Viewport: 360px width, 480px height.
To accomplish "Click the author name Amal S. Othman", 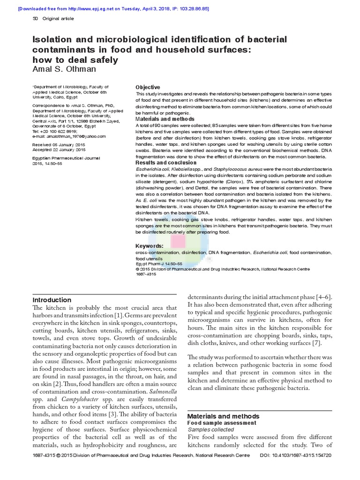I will point(65,69).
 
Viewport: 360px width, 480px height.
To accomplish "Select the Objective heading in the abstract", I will point(148,88).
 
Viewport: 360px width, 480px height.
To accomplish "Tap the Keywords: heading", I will point(150,246).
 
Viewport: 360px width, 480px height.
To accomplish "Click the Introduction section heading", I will point(52,300).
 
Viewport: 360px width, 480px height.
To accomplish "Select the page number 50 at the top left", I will point(35,19).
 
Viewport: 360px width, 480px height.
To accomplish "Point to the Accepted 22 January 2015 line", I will point(59,150).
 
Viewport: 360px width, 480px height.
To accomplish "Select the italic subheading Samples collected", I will point(210,429).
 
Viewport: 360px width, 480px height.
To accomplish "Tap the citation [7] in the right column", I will point(317,343).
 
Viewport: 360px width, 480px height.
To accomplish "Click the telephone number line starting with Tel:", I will point(54,131).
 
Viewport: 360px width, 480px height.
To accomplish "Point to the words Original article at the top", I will point(58,19).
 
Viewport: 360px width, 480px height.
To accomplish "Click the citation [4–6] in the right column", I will point(324,297).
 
